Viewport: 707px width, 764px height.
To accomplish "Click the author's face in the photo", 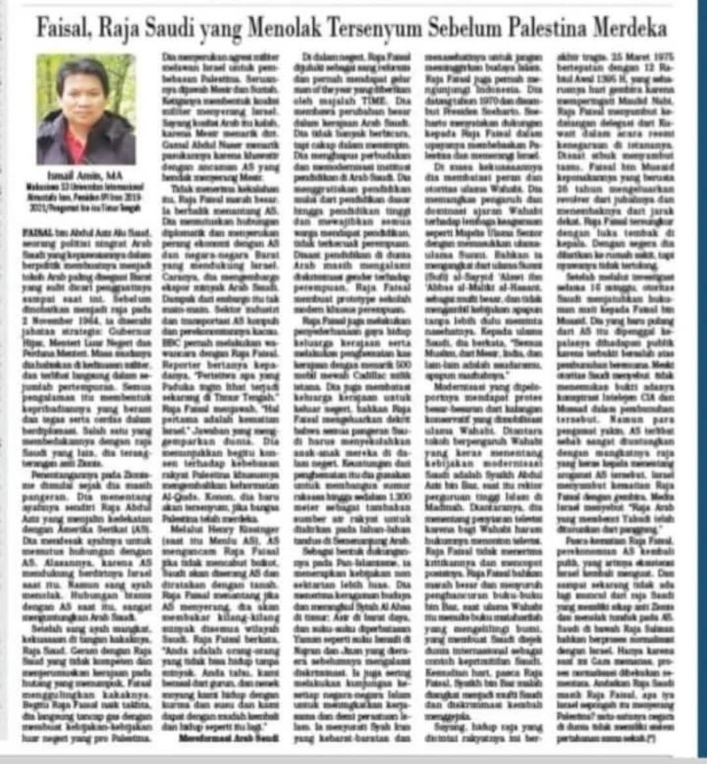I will [x=84, y=91].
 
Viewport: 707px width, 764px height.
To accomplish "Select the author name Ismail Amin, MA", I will [x=86, y=176].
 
